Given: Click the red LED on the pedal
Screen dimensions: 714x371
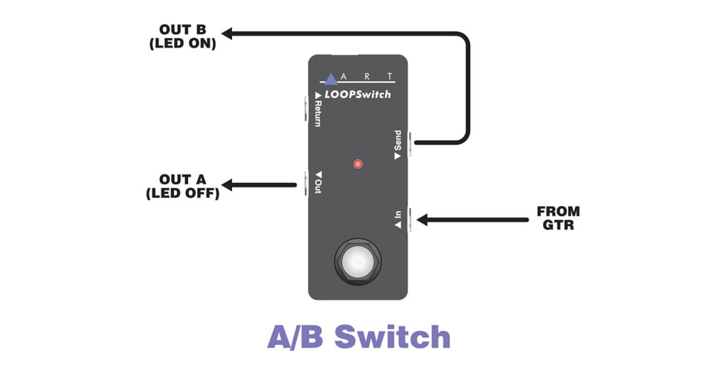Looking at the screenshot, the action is pyautogui.click(x=358, y=164).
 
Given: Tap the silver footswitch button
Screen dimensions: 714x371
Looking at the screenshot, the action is pyautogui.click(x=358, y=262).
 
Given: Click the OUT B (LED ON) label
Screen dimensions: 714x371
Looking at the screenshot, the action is pyautogui.click(x=183, y=36).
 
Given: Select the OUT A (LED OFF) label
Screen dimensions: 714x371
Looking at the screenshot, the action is pyautogui.click(x=183, y=186).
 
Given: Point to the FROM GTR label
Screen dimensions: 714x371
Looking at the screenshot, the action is pyautogui.click(x=559, y=218).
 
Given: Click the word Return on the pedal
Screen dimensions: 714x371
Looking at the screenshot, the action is pyautogui.click(x=318, y=113).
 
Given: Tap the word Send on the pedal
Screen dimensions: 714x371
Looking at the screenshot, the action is pyautogui.click(x=398, y=140).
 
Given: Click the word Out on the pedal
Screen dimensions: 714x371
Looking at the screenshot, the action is pyautogui.click(x=318, y=187).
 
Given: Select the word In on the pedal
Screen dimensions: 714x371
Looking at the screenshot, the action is pyautogui.click(x=398, y=213).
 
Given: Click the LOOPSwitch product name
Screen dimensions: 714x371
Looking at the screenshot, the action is pyautogui.click(x=358, y=94).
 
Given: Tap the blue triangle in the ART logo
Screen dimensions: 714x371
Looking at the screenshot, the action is pyautogui.click(x=331, y=80).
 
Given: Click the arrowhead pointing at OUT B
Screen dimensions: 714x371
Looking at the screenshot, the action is pyautogui.click(x=227, y=33).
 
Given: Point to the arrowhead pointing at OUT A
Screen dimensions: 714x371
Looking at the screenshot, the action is pyautogui.click(x=227, y=185).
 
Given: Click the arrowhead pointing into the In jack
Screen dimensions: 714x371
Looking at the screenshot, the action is pyautogui.click(x=422, y=220).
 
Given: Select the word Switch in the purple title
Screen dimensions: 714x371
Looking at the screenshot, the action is pyautogui.click(x=393, y=337).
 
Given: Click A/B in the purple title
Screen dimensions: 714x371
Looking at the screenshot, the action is pyautogui.click(x=295, y=338).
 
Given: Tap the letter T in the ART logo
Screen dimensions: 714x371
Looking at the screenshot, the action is pyautogui.click(x=390, y=77).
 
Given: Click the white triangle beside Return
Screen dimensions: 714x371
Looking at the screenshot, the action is pyautogui.click(x=318, y=95).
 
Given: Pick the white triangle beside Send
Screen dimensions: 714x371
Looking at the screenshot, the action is pyautogui.click(x=397, y=155).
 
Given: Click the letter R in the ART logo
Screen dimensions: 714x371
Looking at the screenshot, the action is pyautogui.click(x=367, y=77).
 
